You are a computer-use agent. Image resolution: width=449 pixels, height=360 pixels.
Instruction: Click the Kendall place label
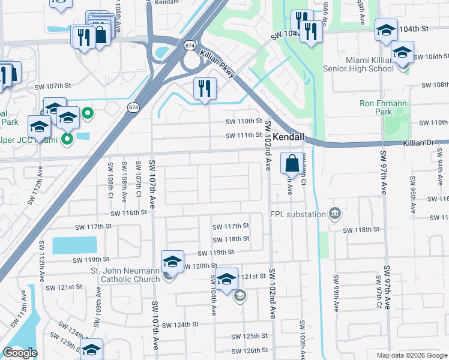289,137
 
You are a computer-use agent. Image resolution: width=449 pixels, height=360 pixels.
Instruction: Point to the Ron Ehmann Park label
384,107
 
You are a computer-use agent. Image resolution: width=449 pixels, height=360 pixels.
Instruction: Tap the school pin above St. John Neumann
172,262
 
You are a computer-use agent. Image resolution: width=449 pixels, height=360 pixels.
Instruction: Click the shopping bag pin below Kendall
291,163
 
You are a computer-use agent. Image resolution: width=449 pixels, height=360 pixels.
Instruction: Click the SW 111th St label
244,136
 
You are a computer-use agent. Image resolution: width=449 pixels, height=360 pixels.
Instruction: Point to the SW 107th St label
53,87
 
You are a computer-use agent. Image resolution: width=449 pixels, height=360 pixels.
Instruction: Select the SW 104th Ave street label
213,295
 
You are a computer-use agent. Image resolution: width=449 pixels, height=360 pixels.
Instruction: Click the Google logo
20,353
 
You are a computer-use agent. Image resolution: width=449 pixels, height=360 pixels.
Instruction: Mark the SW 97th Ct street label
379,292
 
